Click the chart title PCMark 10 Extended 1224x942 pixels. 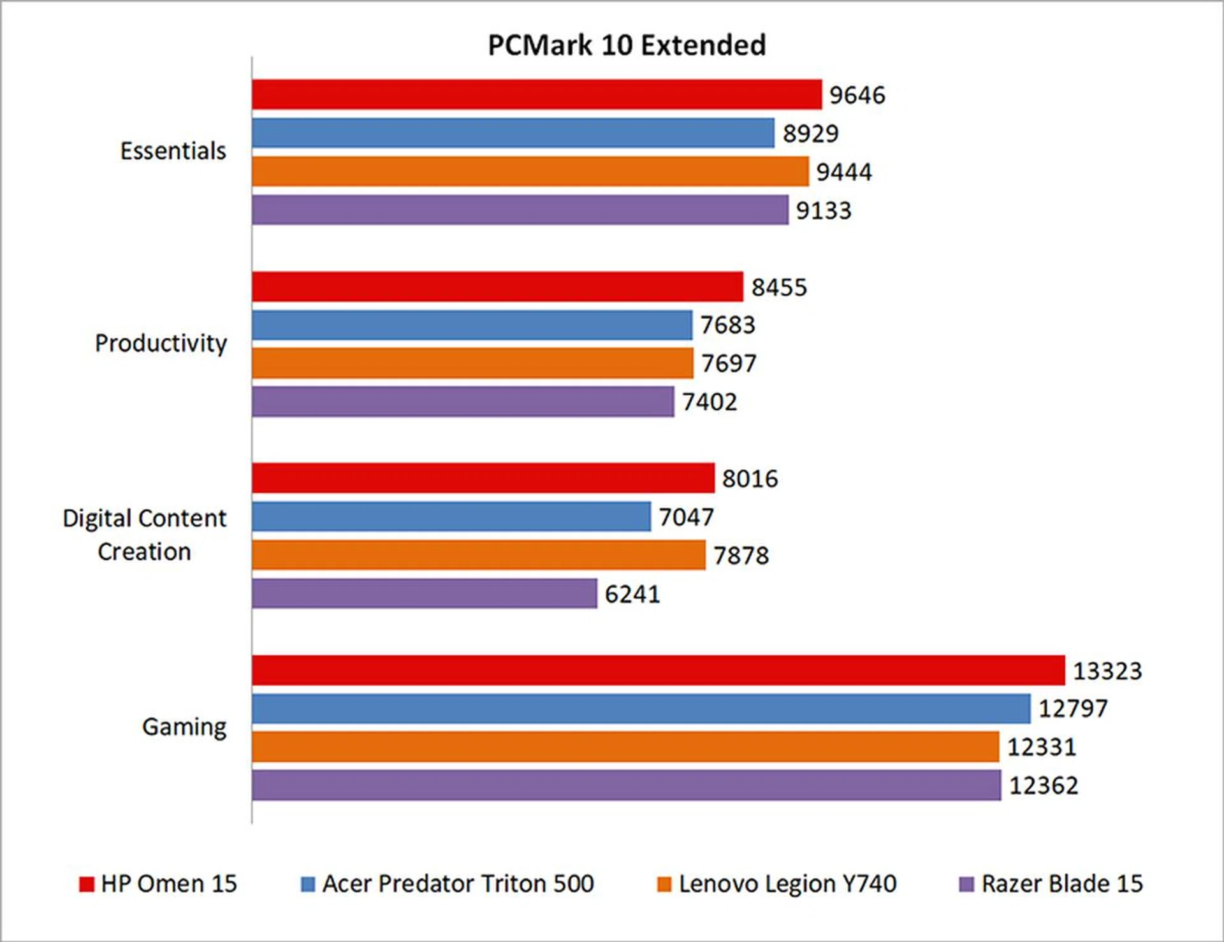(x=627, y=45)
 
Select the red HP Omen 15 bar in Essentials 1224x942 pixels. (x=536, y=94)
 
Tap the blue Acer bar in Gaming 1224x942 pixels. (x=641, y=708)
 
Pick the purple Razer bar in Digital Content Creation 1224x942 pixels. (x=424, y=593)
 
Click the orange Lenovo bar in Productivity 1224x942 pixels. (x=472, y=363)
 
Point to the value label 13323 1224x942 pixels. (x=1107, y=670)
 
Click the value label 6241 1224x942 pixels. (x=632, y=594)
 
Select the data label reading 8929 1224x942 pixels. (x=810, y=133)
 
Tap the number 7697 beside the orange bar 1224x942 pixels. (x=729, y=363)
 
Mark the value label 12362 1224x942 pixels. (x=1044, y=785)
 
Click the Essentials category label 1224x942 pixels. (x=173, y=151)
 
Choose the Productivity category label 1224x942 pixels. (x=161, y=343)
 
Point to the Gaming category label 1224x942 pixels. (x=184, y=727)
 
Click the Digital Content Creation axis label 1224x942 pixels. (x=144, y=535)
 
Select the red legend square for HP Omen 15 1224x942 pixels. (x=86, y=884)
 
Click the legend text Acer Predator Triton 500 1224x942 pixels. (x=458, y=883)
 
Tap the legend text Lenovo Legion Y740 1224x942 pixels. (x=787, y=883)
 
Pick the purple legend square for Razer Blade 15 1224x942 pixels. (x=966, y=884)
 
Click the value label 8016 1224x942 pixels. (x=750, y=479)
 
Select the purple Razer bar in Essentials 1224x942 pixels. (x=520, y=210)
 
